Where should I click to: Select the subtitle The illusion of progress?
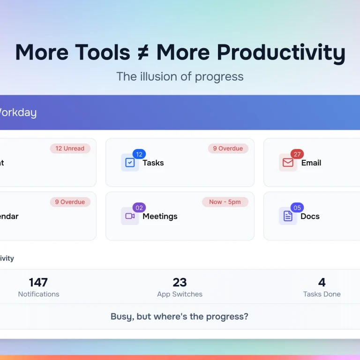(180, 76)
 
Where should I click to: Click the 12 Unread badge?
(70, 149)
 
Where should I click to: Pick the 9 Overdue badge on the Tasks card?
(228, 149)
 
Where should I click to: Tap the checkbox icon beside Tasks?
(130, 163)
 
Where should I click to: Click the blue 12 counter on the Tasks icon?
(139, 154)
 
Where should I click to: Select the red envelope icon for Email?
(288, 163)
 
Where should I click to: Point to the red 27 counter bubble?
(297, 154)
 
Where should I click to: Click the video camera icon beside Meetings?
(130, 216)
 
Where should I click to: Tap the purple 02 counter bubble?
(139, 208)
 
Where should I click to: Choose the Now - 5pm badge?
(225, 202)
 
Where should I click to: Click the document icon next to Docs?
(288, 216)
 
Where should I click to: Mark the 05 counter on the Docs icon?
(297, 208)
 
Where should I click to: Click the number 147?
(38, 282)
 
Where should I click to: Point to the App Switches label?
(180, 294)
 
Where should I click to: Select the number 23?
(180, 282)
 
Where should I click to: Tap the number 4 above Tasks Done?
(322, 282)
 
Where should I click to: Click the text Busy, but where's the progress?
(180, 316)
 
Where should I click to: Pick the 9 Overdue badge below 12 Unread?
(70, 202)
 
